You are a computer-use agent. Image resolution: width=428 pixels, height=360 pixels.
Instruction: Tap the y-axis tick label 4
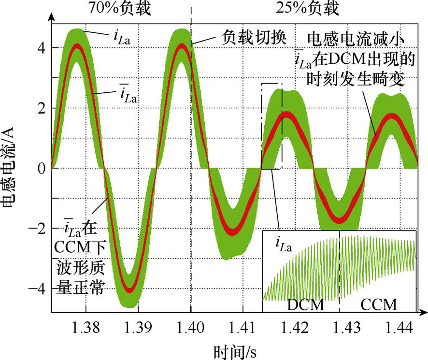[42, 48]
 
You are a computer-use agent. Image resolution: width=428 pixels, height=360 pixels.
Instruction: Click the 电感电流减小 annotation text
[359, 37]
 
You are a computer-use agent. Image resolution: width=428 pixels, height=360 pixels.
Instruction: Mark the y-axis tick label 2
[42, 108]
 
